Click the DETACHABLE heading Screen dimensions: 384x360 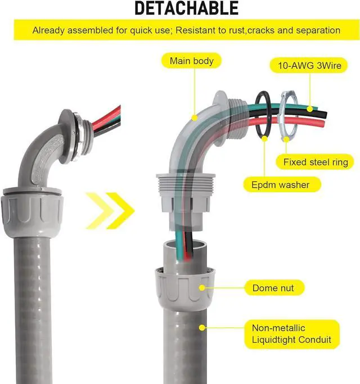[186, 8]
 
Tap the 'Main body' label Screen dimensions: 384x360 [187, 61]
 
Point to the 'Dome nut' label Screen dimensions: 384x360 [273, 288]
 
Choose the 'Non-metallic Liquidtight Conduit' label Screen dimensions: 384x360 [292, 334]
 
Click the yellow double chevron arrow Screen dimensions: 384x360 [110, 211]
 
